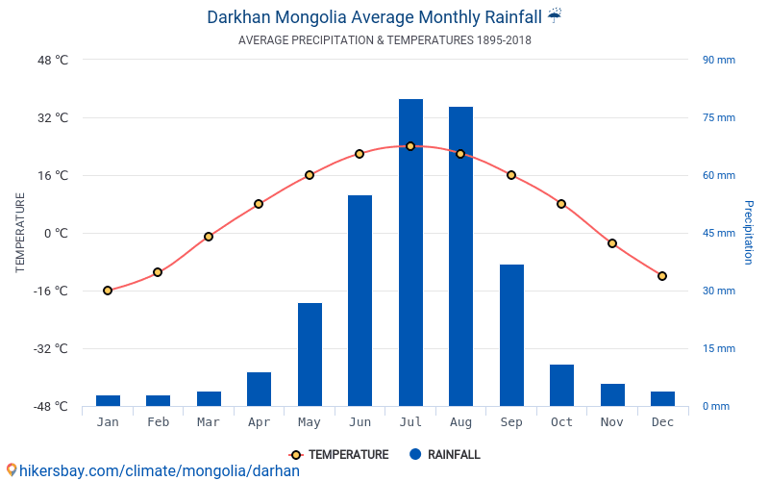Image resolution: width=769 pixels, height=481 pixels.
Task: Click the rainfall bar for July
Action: point(410,252)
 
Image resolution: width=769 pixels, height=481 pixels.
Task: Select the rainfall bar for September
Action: point(511,335)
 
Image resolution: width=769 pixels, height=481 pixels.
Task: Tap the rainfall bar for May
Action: point(310,354)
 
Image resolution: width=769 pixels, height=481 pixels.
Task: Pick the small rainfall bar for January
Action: point(108,400)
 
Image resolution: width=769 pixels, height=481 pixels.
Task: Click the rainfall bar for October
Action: point(561,386)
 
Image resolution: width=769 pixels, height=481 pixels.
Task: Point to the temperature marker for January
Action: point(108,291)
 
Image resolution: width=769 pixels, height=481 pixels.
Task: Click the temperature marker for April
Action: point(259,204)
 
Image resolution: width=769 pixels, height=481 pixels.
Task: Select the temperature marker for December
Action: point(662,276)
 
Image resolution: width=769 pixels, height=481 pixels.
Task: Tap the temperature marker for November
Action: point(612,243)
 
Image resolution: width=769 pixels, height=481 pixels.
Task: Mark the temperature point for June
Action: point(360,154)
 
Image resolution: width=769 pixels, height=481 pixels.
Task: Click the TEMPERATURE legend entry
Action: point(339,454)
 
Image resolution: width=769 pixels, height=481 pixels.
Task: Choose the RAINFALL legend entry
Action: point(445,454)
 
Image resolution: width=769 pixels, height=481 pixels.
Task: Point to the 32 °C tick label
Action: point(53,117)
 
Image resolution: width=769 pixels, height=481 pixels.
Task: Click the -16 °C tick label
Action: point(51,291)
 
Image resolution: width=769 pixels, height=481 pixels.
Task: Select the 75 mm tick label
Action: point(719,117)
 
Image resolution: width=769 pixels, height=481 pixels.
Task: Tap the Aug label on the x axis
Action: point(461,422)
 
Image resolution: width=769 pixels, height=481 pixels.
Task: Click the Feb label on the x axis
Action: point(158,422)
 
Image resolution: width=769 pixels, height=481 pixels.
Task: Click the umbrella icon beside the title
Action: point(555,15)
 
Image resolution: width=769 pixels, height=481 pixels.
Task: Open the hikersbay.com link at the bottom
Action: point(160,471)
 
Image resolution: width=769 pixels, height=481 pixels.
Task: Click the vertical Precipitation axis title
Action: point(749,232)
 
